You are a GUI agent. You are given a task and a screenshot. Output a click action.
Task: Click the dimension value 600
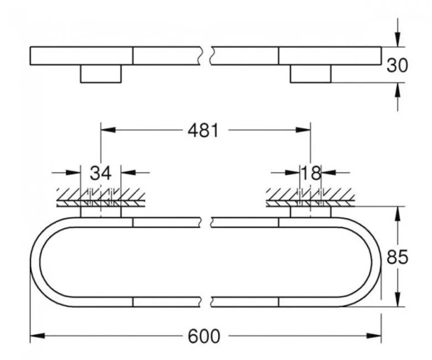click(204, 336)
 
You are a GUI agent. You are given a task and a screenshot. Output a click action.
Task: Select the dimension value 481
click(203, 131)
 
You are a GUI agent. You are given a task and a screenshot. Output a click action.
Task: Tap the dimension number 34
click(101, 173)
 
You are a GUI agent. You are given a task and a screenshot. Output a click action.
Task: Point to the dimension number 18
click(310, 173)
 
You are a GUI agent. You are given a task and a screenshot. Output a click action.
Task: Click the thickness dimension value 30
click(397, 65)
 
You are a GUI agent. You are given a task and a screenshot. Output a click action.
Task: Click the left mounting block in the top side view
click(101, 74)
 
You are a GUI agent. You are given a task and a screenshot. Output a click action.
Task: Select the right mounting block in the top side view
click(310, 74)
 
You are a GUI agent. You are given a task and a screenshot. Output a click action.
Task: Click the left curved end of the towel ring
click(35, 261)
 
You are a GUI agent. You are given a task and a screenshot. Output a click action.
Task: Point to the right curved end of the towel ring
click(376, 261)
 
